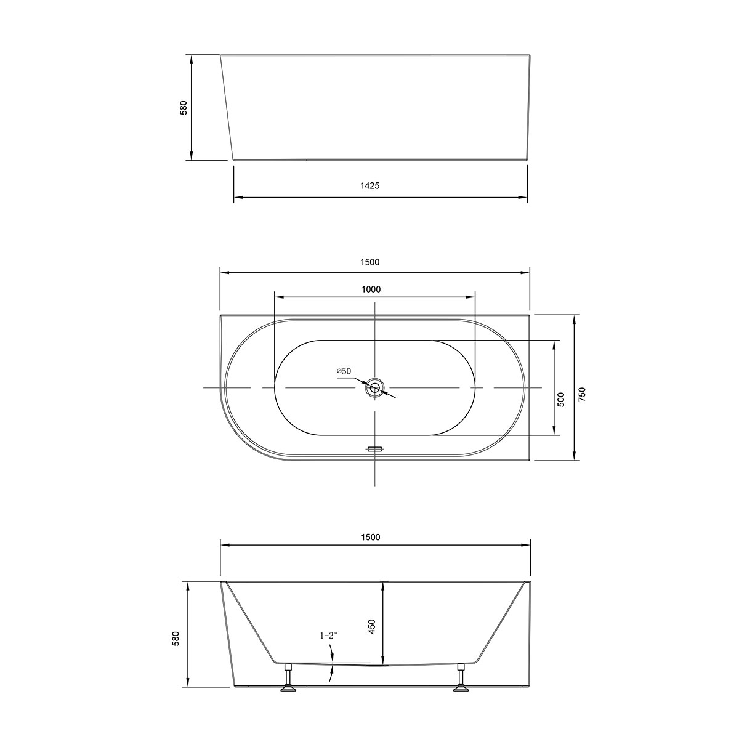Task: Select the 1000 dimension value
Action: click(x=371, y=289)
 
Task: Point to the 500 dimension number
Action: click(x=561, y=400)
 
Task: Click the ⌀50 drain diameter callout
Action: click(x=344, y=371)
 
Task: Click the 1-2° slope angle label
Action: click(x=329, y=636)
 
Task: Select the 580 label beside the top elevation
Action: click(x=183, y=108)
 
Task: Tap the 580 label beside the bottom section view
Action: click(x=176, y=639)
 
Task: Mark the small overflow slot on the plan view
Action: click(x=374, y=449)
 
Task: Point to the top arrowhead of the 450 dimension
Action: click(x=384, y=585)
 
